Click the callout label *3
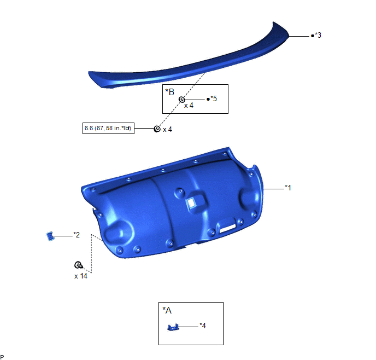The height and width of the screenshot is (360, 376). (x=318, y=35)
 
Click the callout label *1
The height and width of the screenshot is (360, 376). (x=288, y=188)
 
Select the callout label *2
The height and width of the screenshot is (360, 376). (x=77, y=235)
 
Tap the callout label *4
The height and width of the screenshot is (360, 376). (x=203, y=326)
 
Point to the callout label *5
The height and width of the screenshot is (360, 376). (x=214, y=98)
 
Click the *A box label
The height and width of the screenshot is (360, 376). (x=167, y=310)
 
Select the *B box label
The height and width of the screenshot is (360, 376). (x=169, y=92)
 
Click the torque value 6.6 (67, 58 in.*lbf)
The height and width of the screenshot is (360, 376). (x=108, y=128)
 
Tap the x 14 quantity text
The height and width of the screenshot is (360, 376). (x=81, y=276)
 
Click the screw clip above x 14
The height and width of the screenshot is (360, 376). (x=78, y=265)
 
